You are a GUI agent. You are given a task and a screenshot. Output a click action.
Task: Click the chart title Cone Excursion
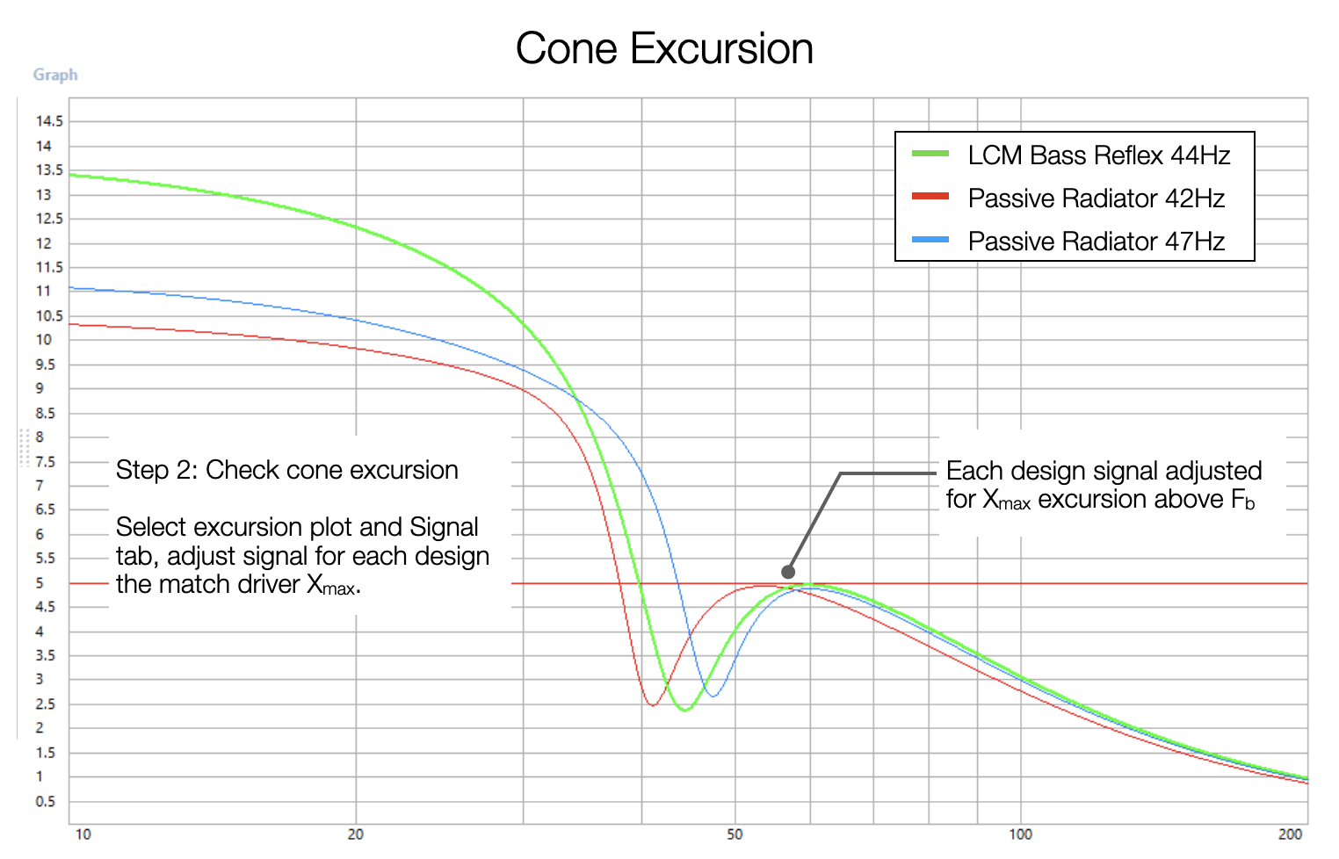(x=664, y=49)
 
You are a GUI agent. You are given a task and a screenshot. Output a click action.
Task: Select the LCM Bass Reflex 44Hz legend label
(x=1098, y=155)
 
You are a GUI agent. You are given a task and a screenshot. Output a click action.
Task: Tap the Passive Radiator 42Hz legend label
(x=1096, y=199)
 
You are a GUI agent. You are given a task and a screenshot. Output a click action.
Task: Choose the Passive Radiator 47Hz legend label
(x=1096, y=242)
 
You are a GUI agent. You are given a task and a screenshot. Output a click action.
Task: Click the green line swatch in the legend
(x=930, y=154)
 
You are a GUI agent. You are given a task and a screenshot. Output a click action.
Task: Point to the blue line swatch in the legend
(x=930, y=239)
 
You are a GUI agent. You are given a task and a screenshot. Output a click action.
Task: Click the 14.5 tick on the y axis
(x=49, y=121)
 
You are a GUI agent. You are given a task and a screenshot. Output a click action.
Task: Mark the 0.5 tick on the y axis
(x=46, y=801)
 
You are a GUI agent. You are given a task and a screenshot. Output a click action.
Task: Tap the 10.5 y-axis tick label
(x=49, y=315)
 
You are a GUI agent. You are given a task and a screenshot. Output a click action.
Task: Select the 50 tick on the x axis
(x=735, y=834)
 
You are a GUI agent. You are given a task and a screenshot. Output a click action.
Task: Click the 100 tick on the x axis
(x=1020, y=834)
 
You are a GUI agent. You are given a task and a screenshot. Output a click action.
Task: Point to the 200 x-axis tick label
(x=1291, y=834)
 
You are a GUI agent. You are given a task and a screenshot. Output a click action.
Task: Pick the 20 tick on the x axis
(x=355, y=834)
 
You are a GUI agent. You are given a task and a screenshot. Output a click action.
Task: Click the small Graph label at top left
(x=55, y=75)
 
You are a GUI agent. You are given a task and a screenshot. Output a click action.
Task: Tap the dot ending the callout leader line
(x=788, y=572)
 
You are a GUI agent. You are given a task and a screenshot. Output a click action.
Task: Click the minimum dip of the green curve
(x=684, y=710)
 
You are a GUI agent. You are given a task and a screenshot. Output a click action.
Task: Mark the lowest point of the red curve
(x=652, y=704)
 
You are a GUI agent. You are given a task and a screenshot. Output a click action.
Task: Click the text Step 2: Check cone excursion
(x=287, y=470)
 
